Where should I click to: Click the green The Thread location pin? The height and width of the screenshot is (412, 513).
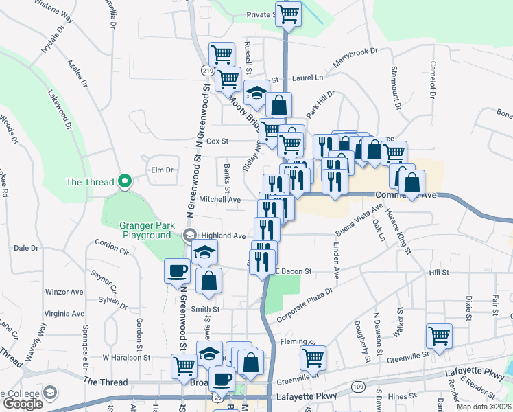[124, 181]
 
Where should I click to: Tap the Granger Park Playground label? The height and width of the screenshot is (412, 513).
[145, 230]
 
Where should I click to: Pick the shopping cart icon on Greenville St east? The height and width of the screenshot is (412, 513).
[439, 336]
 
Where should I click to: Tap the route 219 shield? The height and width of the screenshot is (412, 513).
[206, 71]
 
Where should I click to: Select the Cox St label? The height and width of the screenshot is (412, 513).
[217, 141]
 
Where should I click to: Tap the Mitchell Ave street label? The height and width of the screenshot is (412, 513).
[219, 200]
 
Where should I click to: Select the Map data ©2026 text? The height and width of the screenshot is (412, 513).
[484, 407]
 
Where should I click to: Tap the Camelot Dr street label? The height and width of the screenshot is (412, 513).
[432, 79]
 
